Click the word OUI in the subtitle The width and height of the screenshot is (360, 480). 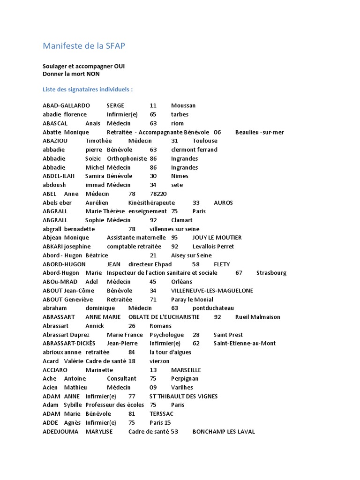pos(117,67)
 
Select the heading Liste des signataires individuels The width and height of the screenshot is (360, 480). pos(88,89)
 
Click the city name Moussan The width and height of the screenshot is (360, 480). pos(183,105)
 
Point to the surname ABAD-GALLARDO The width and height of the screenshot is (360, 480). pos(66,105)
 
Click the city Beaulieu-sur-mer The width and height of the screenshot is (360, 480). pos(259,132)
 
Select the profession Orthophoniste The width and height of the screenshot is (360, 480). pos(127,158)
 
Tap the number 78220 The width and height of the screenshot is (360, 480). pos(158,194)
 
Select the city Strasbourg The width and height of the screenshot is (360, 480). pos(271,273)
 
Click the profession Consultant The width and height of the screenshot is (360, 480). pos(121,378)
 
